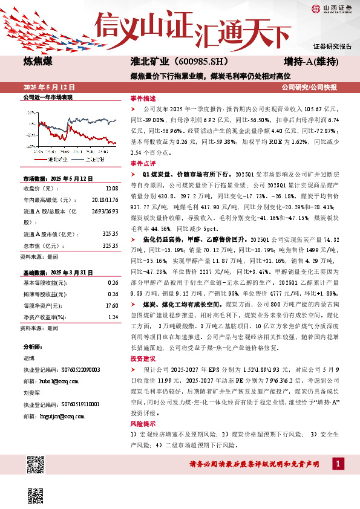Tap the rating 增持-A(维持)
point(311,62)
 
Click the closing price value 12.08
point(111,189)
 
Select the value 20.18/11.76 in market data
point(105,199)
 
